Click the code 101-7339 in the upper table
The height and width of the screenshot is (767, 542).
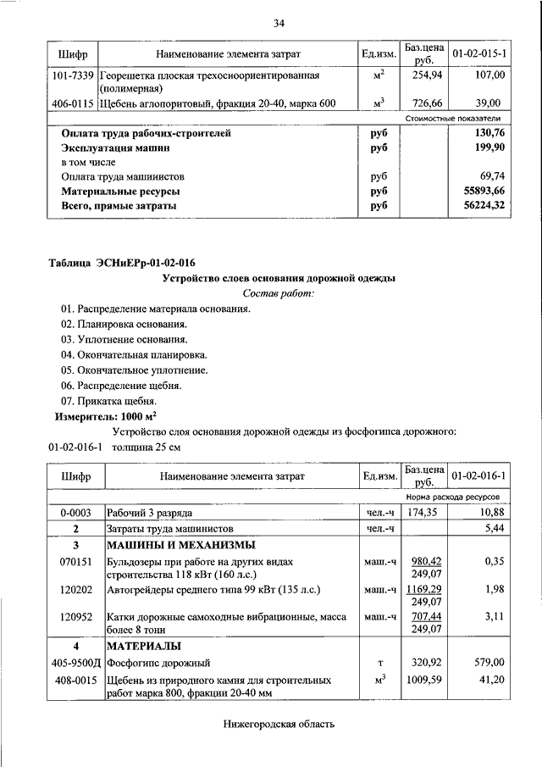click(72, 76)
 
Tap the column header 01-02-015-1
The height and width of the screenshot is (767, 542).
click(479, 54)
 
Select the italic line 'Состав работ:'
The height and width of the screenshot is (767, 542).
click(278, 292)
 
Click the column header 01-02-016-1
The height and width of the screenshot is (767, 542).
click(479, 477)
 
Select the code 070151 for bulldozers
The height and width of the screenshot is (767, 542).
click(75, 561)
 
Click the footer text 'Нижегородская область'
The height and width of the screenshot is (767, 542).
click(279, 724)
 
